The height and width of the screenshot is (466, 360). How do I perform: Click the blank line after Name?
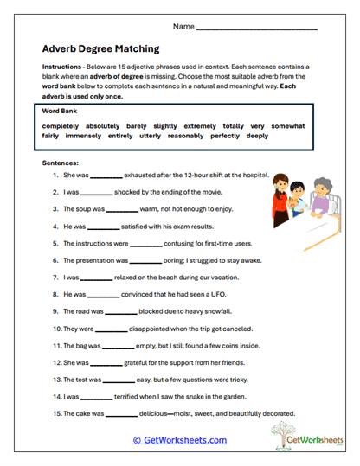tap(257, 28)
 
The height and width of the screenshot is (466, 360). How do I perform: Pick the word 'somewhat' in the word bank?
tap(287, 125)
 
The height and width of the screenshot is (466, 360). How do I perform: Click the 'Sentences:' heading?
tap(60, 162)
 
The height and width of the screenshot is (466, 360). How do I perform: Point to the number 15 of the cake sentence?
tap(55, 413)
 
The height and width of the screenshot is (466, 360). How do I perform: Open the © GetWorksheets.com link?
tap(180, 440)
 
